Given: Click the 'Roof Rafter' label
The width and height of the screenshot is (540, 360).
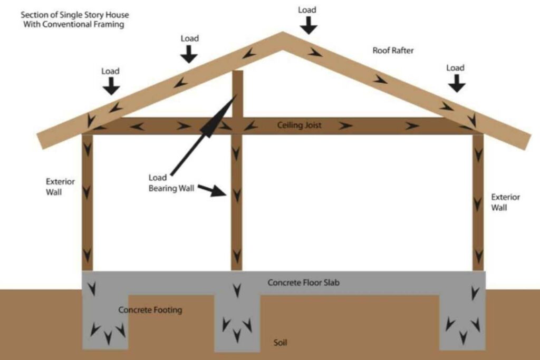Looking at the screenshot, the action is [x=393, y=51].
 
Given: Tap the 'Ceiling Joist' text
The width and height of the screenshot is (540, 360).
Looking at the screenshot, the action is [x=299, y=125].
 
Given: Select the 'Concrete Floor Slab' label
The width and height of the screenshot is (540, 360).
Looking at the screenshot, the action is [x=303, y=283].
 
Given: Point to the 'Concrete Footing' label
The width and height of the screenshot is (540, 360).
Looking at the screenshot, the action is [x=150, y=310].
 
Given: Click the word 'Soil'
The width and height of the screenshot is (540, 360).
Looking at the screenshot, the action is [x=280, y=343].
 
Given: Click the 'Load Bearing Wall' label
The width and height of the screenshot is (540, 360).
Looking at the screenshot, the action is [x=171, y=183].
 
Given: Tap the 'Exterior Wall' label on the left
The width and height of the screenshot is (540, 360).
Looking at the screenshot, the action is [x=60, y=187].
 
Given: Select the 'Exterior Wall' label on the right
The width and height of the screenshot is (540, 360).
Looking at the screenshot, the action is [x=505, y=202].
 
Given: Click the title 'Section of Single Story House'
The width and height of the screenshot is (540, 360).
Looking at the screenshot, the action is [x=75, y=15].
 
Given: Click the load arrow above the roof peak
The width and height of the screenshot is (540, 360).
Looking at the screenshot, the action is [x=308, y=25].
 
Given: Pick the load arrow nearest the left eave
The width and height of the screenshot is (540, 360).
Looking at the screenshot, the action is [x=111, y=86].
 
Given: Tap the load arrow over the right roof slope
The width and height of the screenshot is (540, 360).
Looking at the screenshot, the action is [x=457, y=83].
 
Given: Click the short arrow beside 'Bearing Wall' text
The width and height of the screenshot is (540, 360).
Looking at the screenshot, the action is [x=212, y=190].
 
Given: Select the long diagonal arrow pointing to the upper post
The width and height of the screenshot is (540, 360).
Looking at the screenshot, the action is [x=203, y=135].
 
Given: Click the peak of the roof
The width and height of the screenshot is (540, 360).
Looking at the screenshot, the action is [x=283, y=32].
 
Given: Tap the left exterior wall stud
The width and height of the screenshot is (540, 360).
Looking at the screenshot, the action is [x=88, y=202].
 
